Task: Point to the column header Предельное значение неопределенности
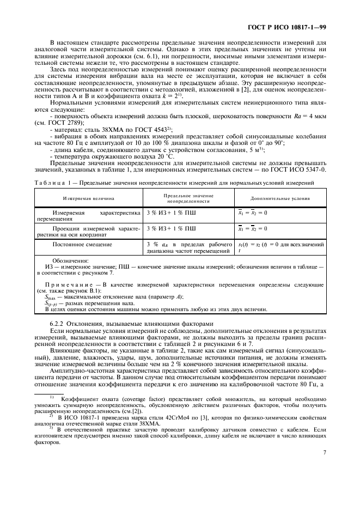point(188,198)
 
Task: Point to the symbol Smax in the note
point(49,297)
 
